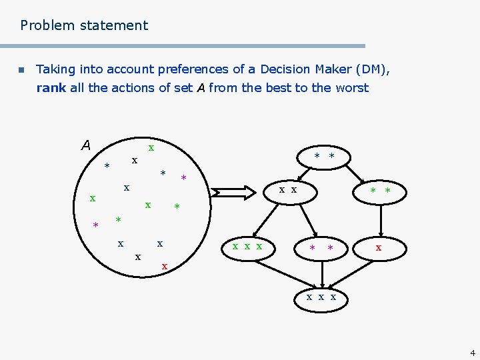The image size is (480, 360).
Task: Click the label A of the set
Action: pos(85,145)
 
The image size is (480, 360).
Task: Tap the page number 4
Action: pos(472,353)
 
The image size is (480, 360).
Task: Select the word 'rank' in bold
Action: pos(51,88)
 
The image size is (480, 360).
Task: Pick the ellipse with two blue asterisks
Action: pos(324,157)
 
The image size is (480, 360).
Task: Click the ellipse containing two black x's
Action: pos(288,191)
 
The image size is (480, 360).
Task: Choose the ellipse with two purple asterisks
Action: pos(321,248)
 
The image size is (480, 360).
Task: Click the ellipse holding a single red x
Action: pos(379,247)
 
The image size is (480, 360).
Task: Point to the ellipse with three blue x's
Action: pos(321,297)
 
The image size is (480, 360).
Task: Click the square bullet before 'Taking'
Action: pos(21,70)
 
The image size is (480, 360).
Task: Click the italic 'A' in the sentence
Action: pos(201,88)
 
